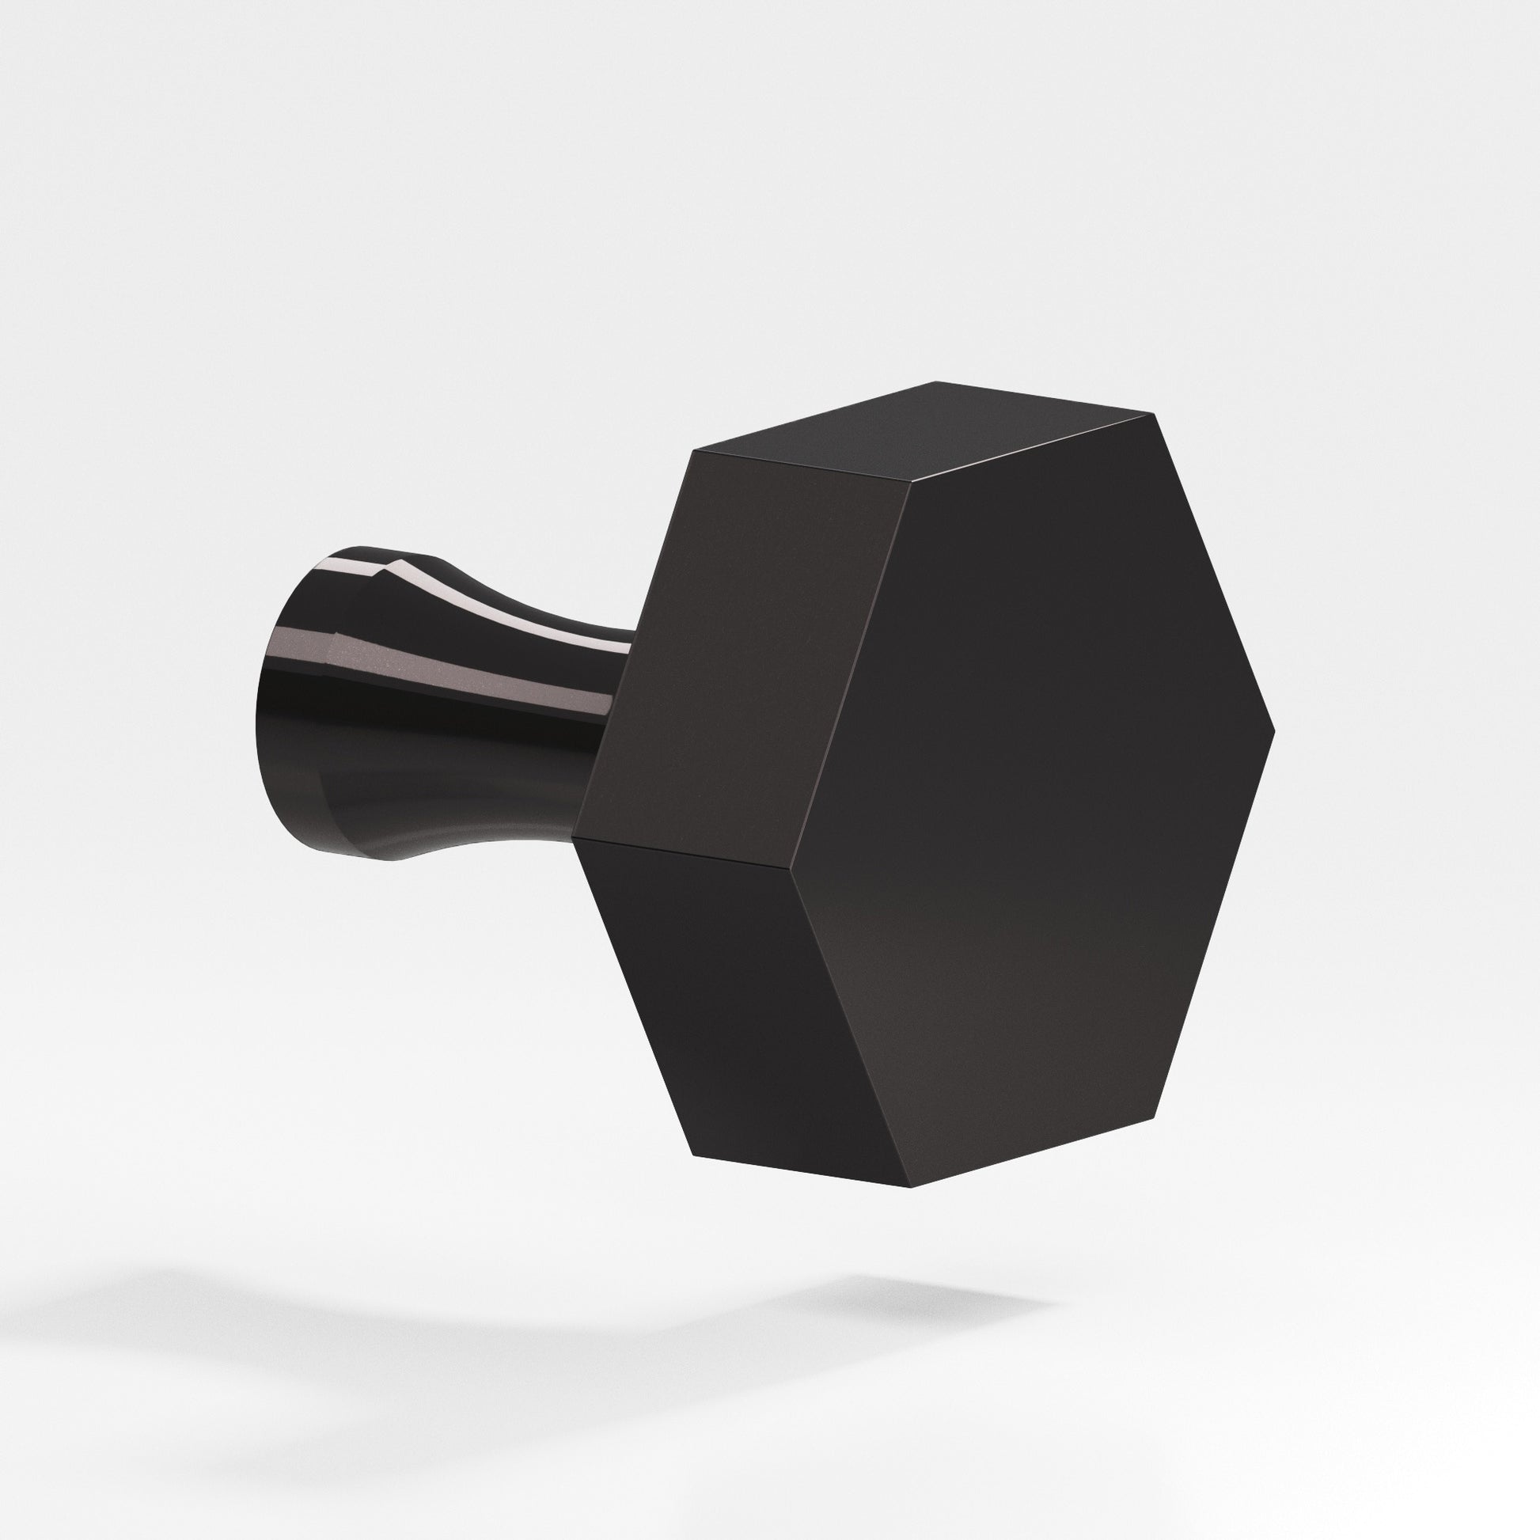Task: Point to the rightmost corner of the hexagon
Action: tap(1274, 730)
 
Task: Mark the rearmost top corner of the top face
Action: tap(938, 383)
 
